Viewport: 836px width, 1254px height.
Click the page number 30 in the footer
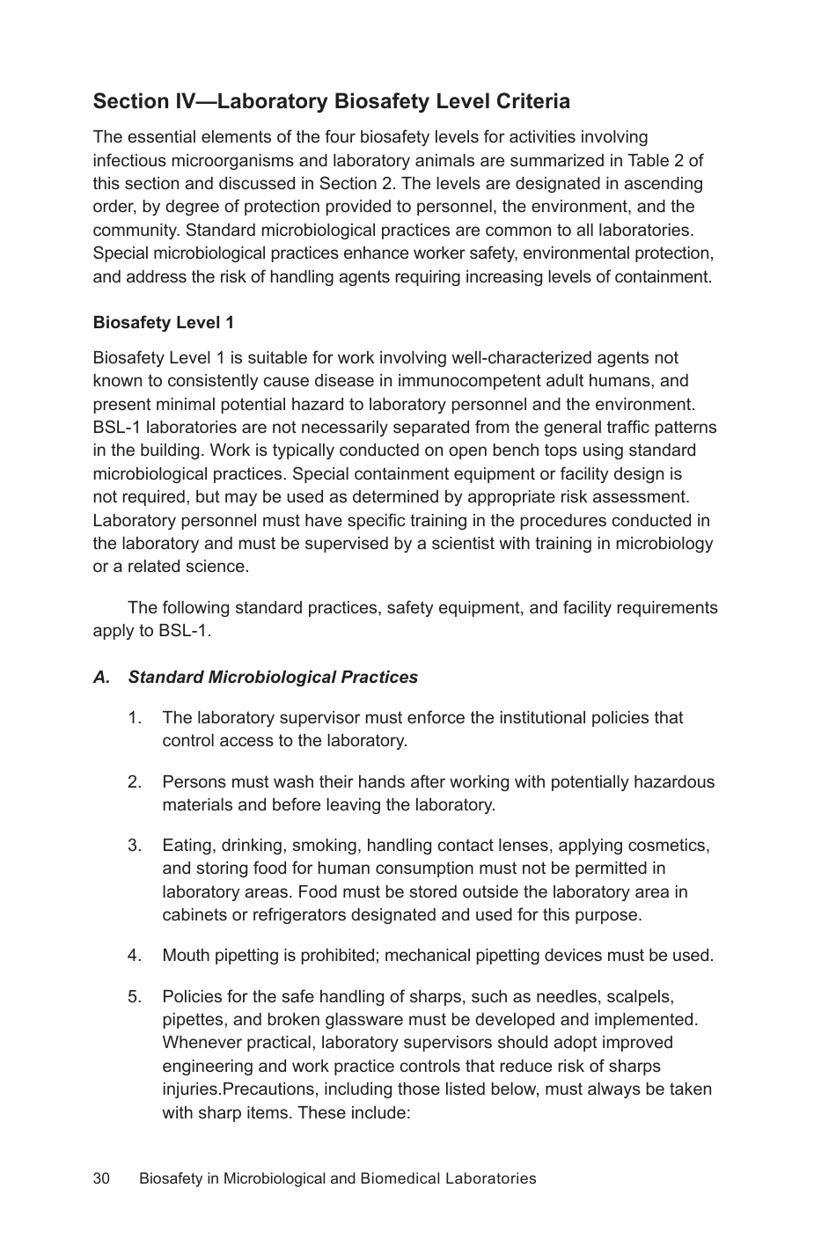pyautogui.click(x=101, y=1178)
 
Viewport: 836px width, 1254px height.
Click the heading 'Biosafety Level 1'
pyautogui.click(x=164, y=323)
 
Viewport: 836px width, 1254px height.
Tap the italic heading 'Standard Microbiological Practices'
pyautogui.click(x=273, y=678)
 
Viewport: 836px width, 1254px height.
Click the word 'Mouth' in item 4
pyautogui.click(x=186, y=956)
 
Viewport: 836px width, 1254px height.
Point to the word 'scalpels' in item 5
pyautogui.click(x=642, y=997)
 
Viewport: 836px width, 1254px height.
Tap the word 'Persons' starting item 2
pyautogui.click(x=192, y=782)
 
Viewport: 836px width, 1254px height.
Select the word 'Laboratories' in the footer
pyautogui.click(x=491, y=1178)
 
